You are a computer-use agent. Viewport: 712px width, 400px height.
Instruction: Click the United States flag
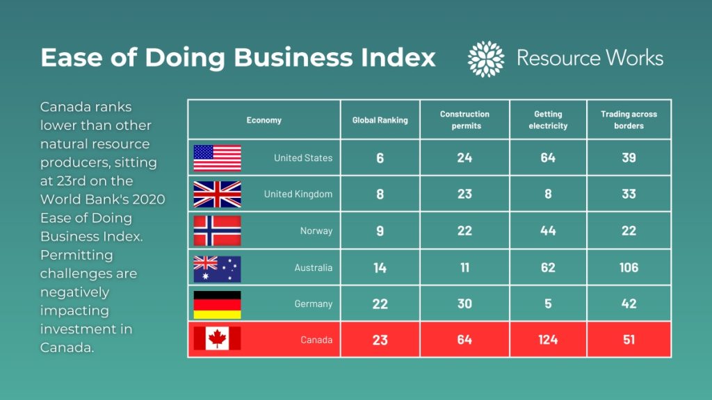217,158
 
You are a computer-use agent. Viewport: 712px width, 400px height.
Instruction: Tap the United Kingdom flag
217,194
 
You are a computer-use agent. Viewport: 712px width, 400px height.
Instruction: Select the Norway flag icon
217,231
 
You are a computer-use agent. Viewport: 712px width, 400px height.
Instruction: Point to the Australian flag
217,268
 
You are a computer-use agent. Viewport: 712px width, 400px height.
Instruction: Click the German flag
217,304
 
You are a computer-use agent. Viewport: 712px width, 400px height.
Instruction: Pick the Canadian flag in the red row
217,340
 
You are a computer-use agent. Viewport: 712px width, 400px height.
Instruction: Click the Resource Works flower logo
486,58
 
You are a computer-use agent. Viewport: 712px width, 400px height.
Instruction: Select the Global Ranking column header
380,120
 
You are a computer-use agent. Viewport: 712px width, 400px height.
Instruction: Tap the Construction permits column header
464,120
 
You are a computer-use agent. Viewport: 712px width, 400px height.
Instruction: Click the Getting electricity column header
548,120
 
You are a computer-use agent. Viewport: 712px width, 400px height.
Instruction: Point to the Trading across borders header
629,120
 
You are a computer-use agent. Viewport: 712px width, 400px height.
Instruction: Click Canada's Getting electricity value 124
548,340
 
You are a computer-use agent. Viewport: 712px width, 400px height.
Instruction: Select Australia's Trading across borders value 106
629,268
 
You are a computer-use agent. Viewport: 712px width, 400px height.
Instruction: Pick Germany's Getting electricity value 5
548,304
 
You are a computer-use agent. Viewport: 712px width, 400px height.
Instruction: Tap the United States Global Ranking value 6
380,158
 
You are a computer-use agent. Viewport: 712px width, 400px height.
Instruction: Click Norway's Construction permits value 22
464,231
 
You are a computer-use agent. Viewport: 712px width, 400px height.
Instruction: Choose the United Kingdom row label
298,194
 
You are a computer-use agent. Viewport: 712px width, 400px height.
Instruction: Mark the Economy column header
264,120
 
